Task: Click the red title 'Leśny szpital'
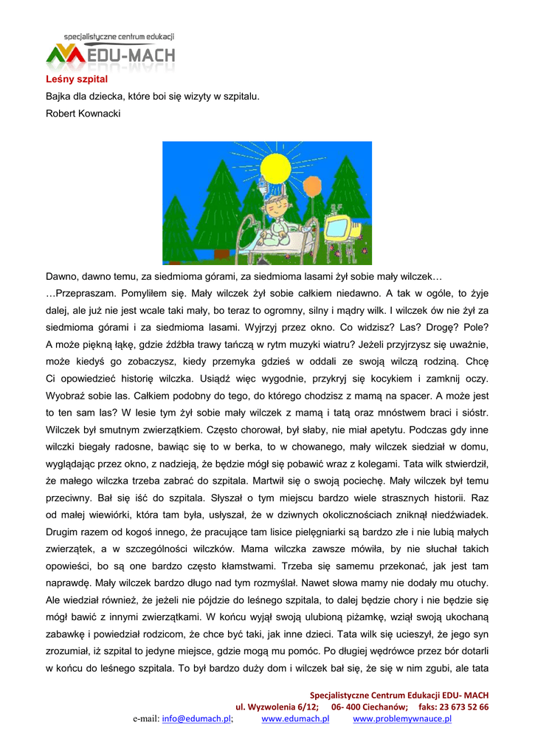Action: [66, 79]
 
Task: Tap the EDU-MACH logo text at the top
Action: [136, 54]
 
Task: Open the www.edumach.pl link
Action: [295, 719]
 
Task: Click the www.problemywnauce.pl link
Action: [402, 719]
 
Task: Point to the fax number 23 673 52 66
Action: [465, 707]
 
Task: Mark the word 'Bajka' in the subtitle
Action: [59, 96]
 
